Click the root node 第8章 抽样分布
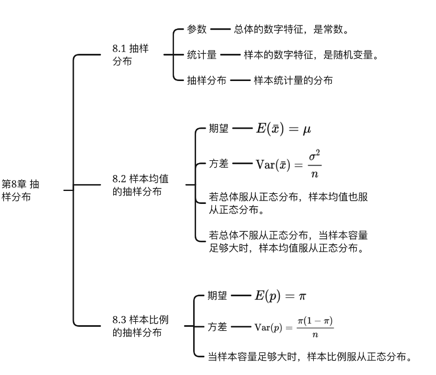(x=21, y=190)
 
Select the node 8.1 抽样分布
(x=130, y=55)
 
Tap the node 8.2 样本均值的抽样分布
(x=140, y=185)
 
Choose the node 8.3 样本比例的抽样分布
(x=140, y=326)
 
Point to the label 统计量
(x=202, y=55)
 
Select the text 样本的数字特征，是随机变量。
(x=311, y=55)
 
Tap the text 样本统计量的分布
(x=293, y=80)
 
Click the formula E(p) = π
(x=280, y=296)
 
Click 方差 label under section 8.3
(x=217, y=327)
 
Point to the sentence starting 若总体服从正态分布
(x=289, y=204)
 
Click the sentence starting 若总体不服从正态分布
(x=289, y=241)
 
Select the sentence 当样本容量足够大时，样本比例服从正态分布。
(x=309, y=357)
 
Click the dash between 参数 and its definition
(x=220, y=29)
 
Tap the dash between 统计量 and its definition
(x=230, y=55)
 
